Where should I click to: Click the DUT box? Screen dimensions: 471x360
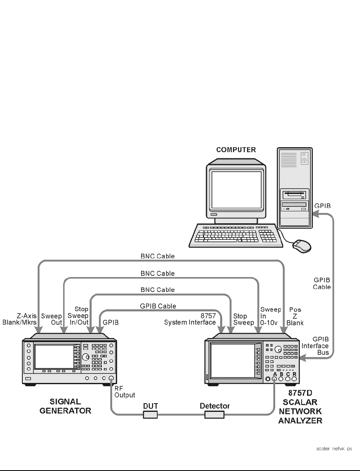click(151, 414)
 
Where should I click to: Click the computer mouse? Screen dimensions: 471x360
click(301, 246)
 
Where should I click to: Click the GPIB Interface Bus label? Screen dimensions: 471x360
click(320, 346)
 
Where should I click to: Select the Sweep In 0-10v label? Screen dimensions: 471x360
click(270, 316)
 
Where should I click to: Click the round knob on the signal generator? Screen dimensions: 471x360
click(85, 357)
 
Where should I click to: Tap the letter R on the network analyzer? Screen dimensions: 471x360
click(294, 374)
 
